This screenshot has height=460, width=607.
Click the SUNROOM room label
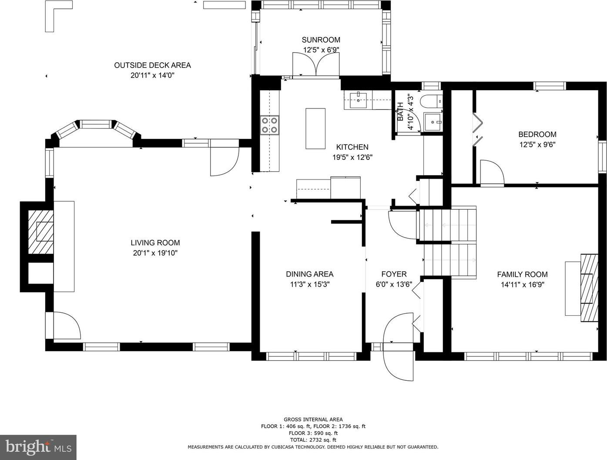[x=321, y=40]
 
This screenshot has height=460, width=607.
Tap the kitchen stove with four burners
[x=269, y=125]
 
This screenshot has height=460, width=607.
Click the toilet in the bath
[x=431, y=101]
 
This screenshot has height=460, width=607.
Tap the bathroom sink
[x=433, y=122]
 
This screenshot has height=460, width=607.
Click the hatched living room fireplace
[x=40, y=232]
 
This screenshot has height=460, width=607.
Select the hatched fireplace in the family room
[x=589, y=288]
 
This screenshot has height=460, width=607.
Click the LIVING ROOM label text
[x=155, y=243]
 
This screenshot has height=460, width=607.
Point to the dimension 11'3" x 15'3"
[x=310, y=284]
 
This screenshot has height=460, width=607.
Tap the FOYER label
[x=394, y=274]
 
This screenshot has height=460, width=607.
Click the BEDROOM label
[x=537, y=134]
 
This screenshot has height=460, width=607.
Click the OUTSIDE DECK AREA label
[x=152, y=65]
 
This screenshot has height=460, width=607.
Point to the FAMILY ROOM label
[x=522, y=274]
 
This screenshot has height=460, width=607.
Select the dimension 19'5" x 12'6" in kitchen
[x=352, y=157]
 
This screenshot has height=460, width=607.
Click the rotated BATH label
[x=400, y=112]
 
